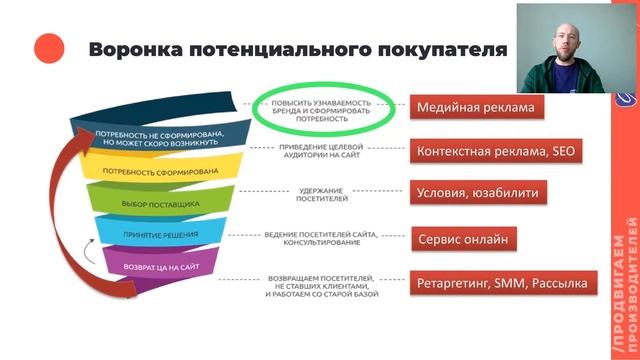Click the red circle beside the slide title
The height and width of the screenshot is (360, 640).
pyautogui.click(x=49, y=48)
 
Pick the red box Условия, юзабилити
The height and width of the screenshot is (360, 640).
pyautogui.click(x=476, y=193)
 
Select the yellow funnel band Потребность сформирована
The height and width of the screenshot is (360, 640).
pyautogui.click(x=154, y=170)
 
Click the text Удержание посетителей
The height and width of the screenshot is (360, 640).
pyautogui.click(x=321, y=193)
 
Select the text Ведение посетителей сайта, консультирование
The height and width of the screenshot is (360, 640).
pyautogui.click(x=321, y=238)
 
